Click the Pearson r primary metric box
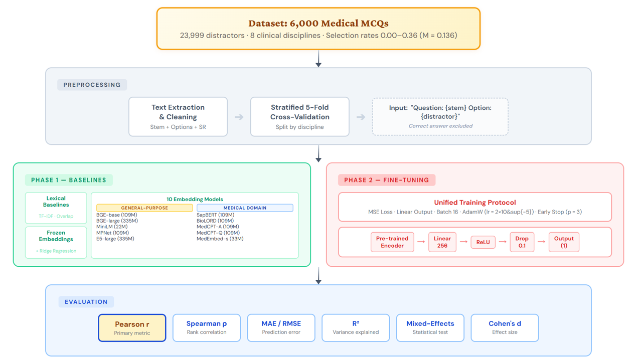[132, 327]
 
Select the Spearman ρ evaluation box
[207, 327]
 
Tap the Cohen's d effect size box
[505, 327]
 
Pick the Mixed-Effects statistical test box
[430, 327]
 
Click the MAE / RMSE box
[281, 327]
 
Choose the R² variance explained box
[356, 327]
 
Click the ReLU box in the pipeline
[483, 242]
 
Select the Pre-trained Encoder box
[392, 242]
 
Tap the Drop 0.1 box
[522, 242]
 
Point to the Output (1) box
[564, 242]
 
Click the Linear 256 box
[442, 242]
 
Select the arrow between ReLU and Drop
[503, 242]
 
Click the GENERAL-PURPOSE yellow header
[144, 208]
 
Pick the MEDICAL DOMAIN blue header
[245, 208]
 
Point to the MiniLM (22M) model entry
[112, 227]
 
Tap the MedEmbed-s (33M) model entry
[220, 239]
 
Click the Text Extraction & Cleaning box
[178, 117]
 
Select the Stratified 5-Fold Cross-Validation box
[300, 117]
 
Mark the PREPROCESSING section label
[92, 85]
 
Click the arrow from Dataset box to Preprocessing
[318, 59]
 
